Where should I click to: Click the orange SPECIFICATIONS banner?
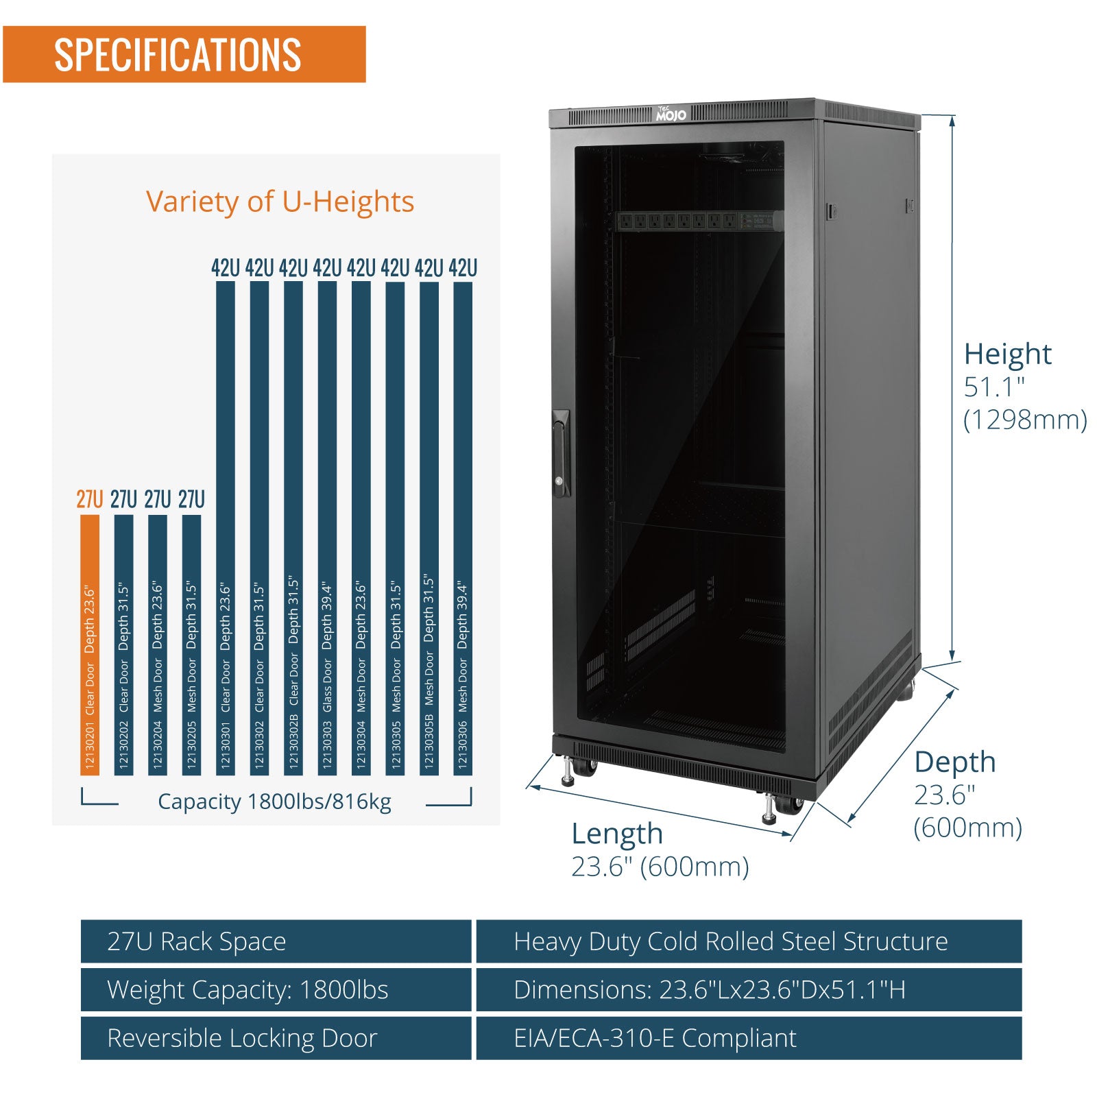(x=184, y=54)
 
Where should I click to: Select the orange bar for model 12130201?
(x=90, y=645)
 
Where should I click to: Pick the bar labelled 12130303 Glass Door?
(x=327, y=529)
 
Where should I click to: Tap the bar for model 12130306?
(x=463, y=529)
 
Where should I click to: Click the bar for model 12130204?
(x=158, y=645)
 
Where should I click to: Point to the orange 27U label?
(x=90, y=499)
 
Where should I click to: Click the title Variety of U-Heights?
(x=280, y=202)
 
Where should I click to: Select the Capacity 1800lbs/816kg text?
(x=274, y=801)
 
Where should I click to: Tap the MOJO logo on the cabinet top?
(x=671, y=114)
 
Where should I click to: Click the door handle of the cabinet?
(x=561, y=453)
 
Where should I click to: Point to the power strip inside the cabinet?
(x=700, y=221)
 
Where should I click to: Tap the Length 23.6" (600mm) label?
(x=660, y=850)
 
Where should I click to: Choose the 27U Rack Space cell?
(x=276, y=941)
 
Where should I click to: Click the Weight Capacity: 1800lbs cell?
(x=276, y=989)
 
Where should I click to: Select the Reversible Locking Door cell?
(x=276, y=1038)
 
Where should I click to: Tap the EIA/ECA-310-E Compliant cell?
(x=749, y=1038)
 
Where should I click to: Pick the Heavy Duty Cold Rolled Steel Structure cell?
(x=749, y=941)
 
